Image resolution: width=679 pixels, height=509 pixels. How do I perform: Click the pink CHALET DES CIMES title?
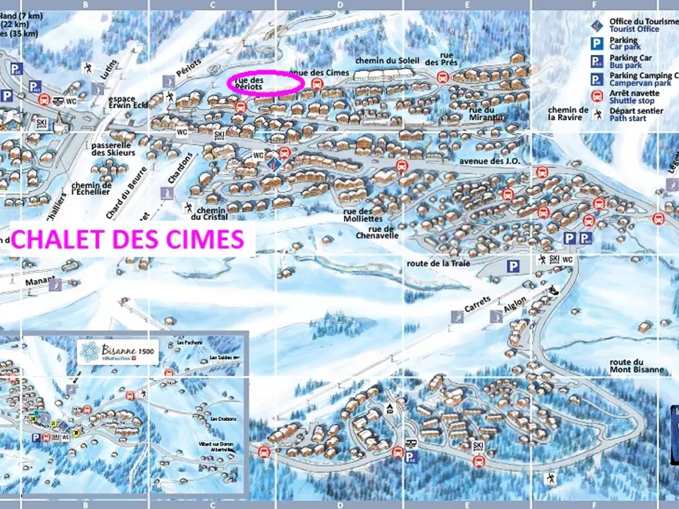[x=128, y=240]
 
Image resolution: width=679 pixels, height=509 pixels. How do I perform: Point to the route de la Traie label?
[x=438, y=263]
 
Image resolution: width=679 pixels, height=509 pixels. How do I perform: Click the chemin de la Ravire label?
[x=568, y=113]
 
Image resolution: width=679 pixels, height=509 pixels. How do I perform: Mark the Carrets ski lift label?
[x=477, y=307]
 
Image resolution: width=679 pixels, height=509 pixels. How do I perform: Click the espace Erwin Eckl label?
[x=126, y=103]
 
